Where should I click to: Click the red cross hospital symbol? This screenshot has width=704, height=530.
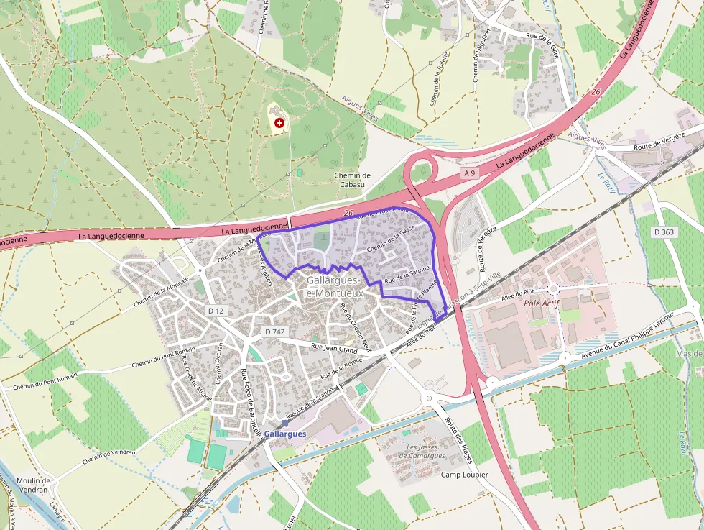(279, 124)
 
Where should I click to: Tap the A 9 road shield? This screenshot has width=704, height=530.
(470, 173)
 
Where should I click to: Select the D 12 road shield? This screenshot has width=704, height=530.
(216, 311)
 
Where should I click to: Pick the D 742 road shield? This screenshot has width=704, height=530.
(274, 332)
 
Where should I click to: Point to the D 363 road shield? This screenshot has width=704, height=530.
(665, 232)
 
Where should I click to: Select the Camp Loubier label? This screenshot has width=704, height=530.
(464, 475)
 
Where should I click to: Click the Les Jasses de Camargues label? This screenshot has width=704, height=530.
(426, 452)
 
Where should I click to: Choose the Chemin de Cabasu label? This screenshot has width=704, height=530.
(352, 180)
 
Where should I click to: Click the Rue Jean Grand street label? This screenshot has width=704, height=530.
(334, 349)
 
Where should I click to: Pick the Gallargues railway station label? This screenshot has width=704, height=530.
(285, 434)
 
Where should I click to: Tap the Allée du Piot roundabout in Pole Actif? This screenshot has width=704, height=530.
(553, 290)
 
